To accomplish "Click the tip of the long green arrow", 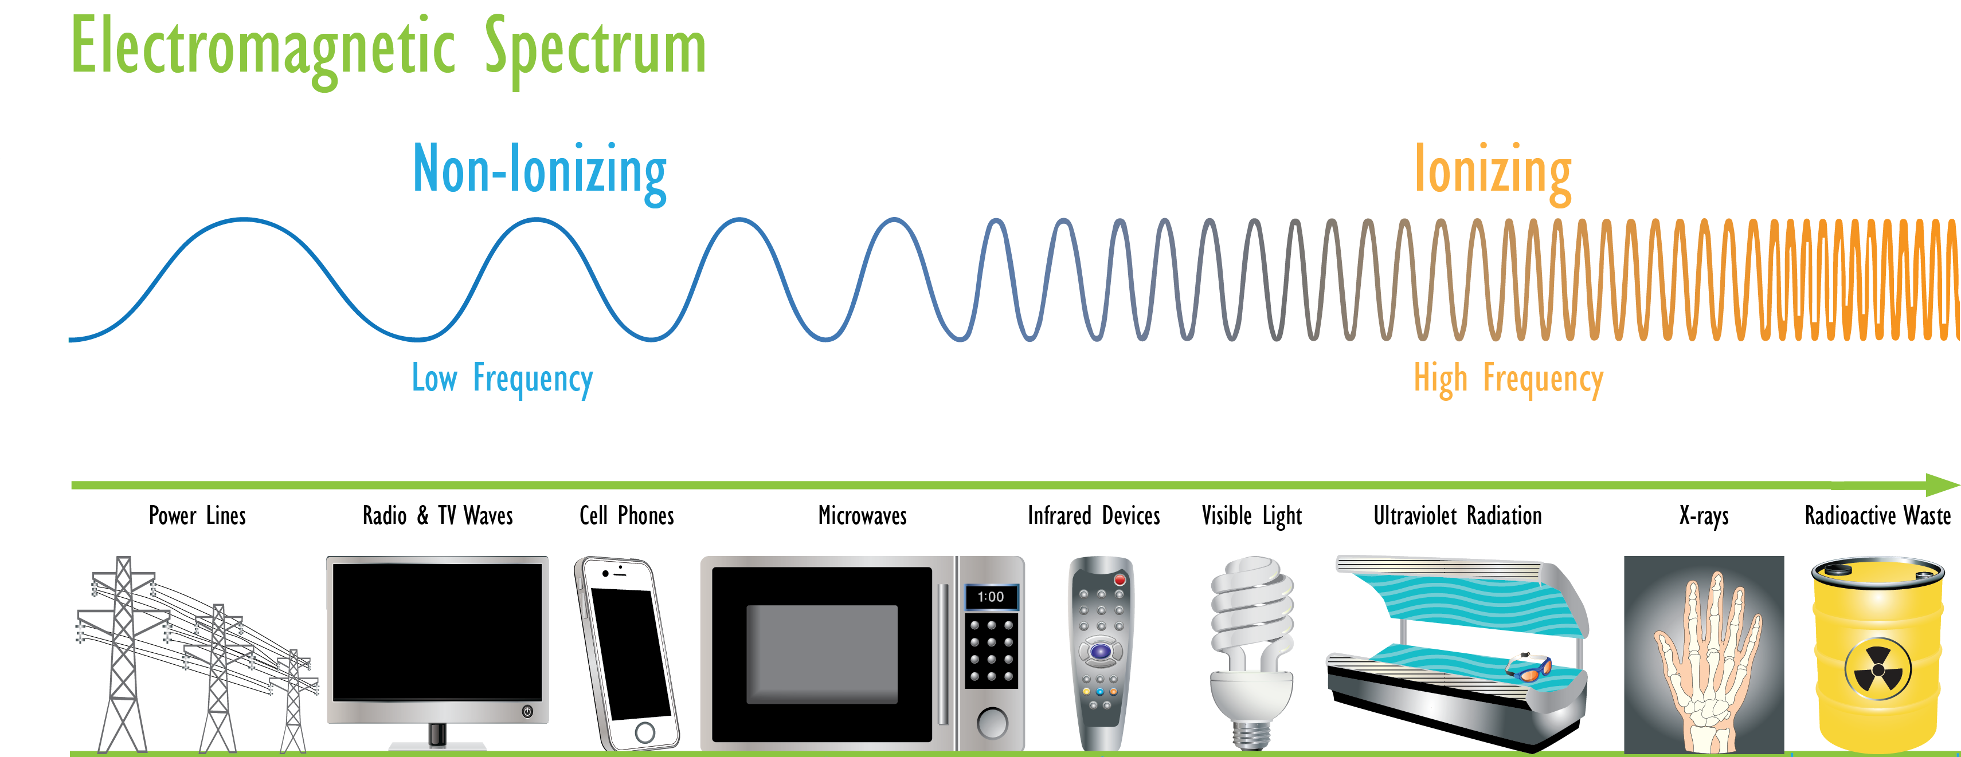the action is [x=1959, y=484].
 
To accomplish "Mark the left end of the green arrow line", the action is [x=72, y=484].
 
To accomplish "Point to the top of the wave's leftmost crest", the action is [x=244, y=220].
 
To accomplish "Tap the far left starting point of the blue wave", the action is [x=70, y=340].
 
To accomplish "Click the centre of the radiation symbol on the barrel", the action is [x=1877, y=669].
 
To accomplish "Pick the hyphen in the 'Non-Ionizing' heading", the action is [x=499, y=176].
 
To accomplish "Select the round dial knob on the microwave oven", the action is [x=992, y=722].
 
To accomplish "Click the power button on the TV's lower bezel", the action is [x=527, y=711].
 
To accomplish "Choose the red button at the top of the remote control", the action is [x=1119, y=579].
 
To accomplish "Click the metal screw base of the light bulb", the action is [x=1251, y=734].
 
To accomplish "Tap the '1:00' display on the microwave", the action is [x=991, y=597].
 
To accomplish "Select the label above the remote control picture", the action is [x=1093, y=516].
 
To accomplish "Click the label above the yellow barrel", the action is [x=1877, y=516].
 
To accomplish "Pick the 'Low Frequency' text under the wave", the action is [x=502, y=378].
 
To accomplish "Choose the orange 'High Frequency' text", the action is [x=1508, y=378].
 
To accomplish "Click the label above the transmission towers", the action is [x=197, y=516].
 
